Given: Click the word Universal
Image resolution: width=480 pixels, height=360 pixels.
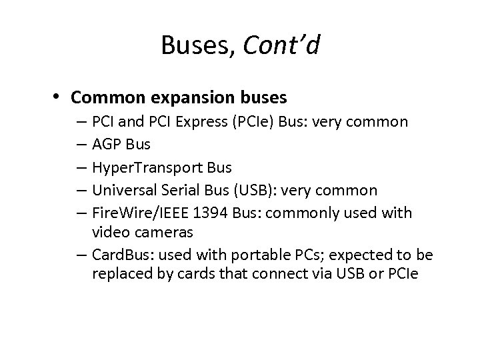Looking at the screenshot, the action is tap(125, 191).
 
